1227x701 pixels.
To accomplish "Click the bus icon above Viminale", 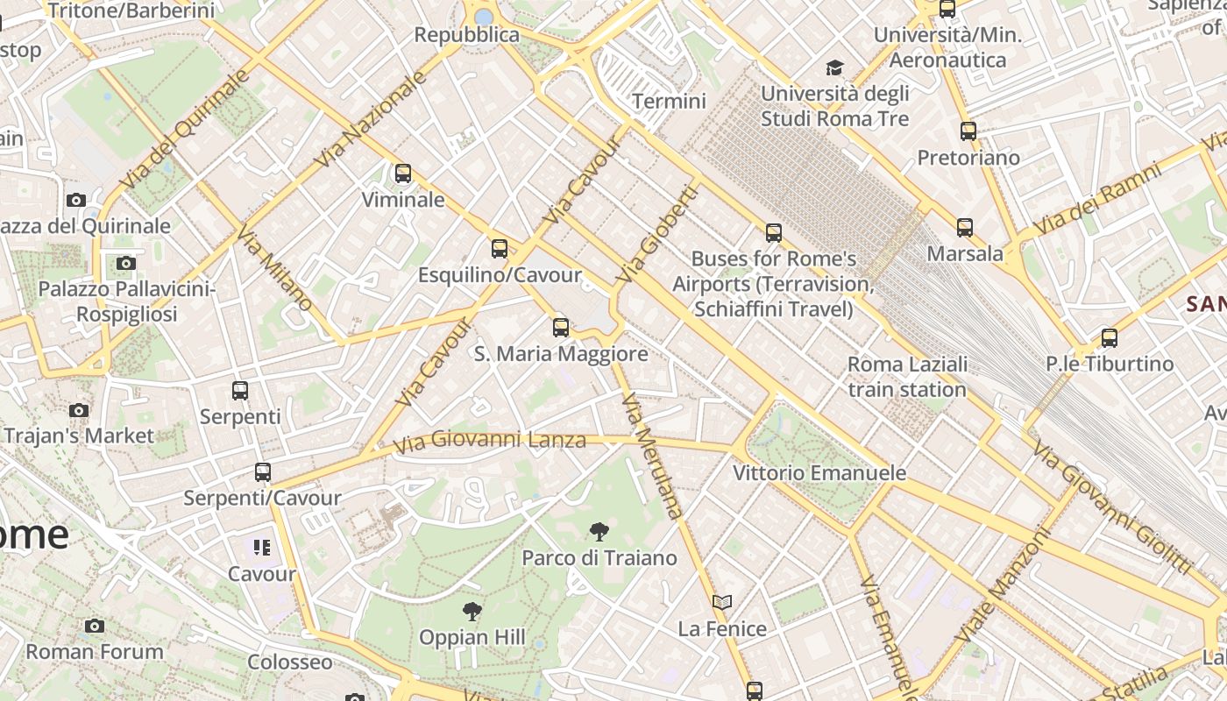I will tap(403, 173).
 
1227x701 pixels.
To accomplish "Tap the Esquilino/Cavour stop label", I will tap(499, 275).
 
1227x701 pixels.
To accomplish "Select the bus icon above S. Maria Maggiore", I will tap(561, 328).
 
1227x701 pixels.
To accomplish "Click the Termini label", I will tap(669, 101).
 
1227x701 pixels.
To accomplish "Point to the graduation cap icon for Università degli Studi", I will tap(834, 67).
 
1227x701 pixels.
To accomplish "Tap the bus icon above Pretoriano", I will tap(968, 131).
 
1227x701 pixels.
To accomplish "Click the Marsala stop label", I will tap(965, 254).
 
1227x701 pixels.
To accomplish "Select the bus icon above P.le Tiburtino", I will tap(1110, 337).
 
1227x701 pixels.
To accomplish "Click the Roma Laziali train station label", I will tap(907, 376).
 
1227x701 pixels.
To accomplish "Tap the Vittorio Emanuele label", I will tap(819, 473).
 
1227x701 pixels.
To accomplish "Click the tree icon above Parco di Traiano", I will tap(599, 531).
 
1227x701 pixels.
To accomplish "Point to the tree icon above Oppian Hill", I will tap(472, 611).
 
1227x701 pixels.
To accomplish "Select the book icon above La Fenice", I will tap(722, 603).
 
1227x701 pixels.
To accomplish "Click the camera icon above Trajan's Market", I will tap(79, 410).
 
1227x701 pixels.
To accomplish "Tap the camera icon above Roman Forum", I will tap(95, 626).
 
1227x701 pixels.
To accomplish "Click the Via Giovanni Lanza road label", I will tap(489, 440).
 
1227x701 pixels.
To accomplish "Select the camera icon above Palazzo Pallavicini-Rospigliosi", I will tap(126, 263).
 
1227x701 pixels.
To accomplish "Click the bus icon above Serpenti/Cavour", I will tap(262, 472).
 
